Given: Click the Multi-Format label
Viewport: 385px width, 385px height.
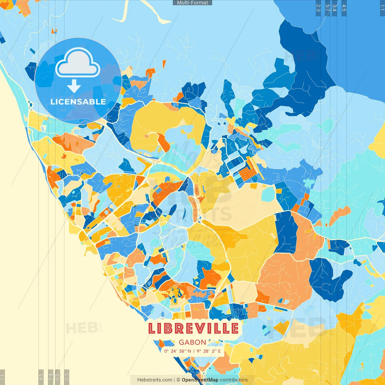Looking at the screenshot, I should (192, 3).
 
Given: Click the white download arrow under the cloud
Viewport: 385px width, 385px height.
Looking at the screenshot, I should (74, 86).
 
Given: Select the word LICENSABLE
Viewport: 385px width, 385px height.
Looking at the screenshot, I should (78, 102).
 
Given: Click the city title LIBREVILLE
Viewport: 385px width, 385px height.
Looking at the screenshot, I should (193, 328).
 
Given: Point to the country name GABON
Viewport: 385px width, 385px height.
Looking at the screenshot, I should (192, 342).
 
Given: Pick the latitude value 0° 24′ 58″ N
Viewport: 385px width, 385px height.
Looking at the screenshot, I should (177, 351).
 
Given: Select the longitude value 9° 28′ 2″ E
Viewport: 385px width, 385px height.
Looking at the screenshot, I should (209, 351).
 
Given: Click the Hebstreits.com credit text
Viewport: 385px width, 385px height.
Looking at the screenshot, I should (155, 380).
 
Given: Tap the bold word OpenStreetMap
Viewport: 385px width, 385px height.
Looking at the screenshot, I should (200, 380).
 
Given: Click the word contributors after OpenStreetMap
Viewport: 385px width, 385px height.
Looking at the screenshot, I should (234, 380).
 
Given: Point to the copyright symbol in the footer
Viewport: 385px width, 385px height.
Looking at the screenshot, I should (178, 380).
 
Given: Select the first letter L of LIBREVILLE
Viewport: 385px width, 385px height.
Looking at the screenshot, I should (152, 328).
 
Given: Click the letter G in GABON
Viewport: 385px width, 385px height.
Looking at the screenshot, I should (182, 342).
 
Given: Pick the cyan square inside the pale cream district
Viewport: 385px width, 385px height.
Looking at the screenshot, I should (268, 195).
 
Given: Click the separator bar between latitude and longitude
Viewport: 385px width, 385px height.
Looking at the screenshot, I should (194, 351).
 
